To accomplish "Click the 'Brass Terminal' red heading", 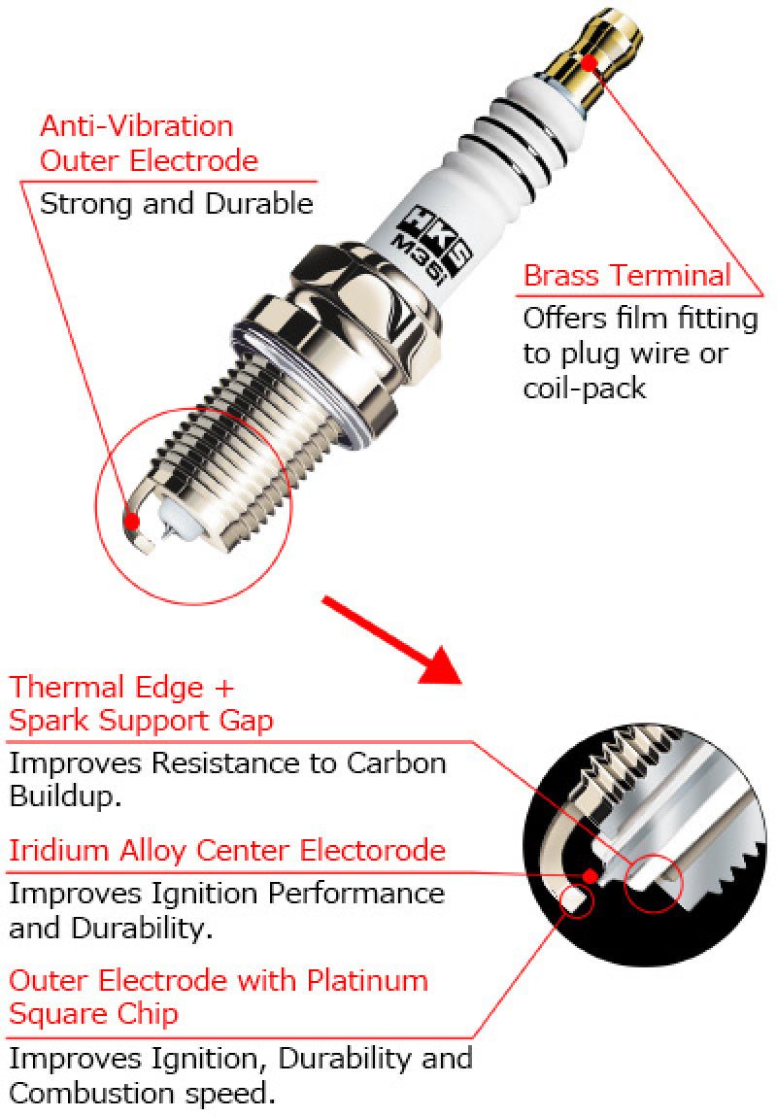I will (626, 275).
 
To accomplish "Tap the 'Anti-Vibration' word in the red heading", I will (136, 126).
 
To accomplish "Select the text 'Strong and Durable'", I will (176, 204).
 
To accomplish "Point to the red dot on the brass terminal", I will (588, 63).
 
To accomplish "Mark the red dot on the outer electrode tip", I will (132, 522).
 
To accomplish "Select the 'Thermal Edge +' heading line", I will (121, 688).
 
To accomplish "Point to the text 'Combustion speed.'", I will (142, 1092).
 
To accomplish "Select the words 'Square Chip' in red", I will (93, 1013).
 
